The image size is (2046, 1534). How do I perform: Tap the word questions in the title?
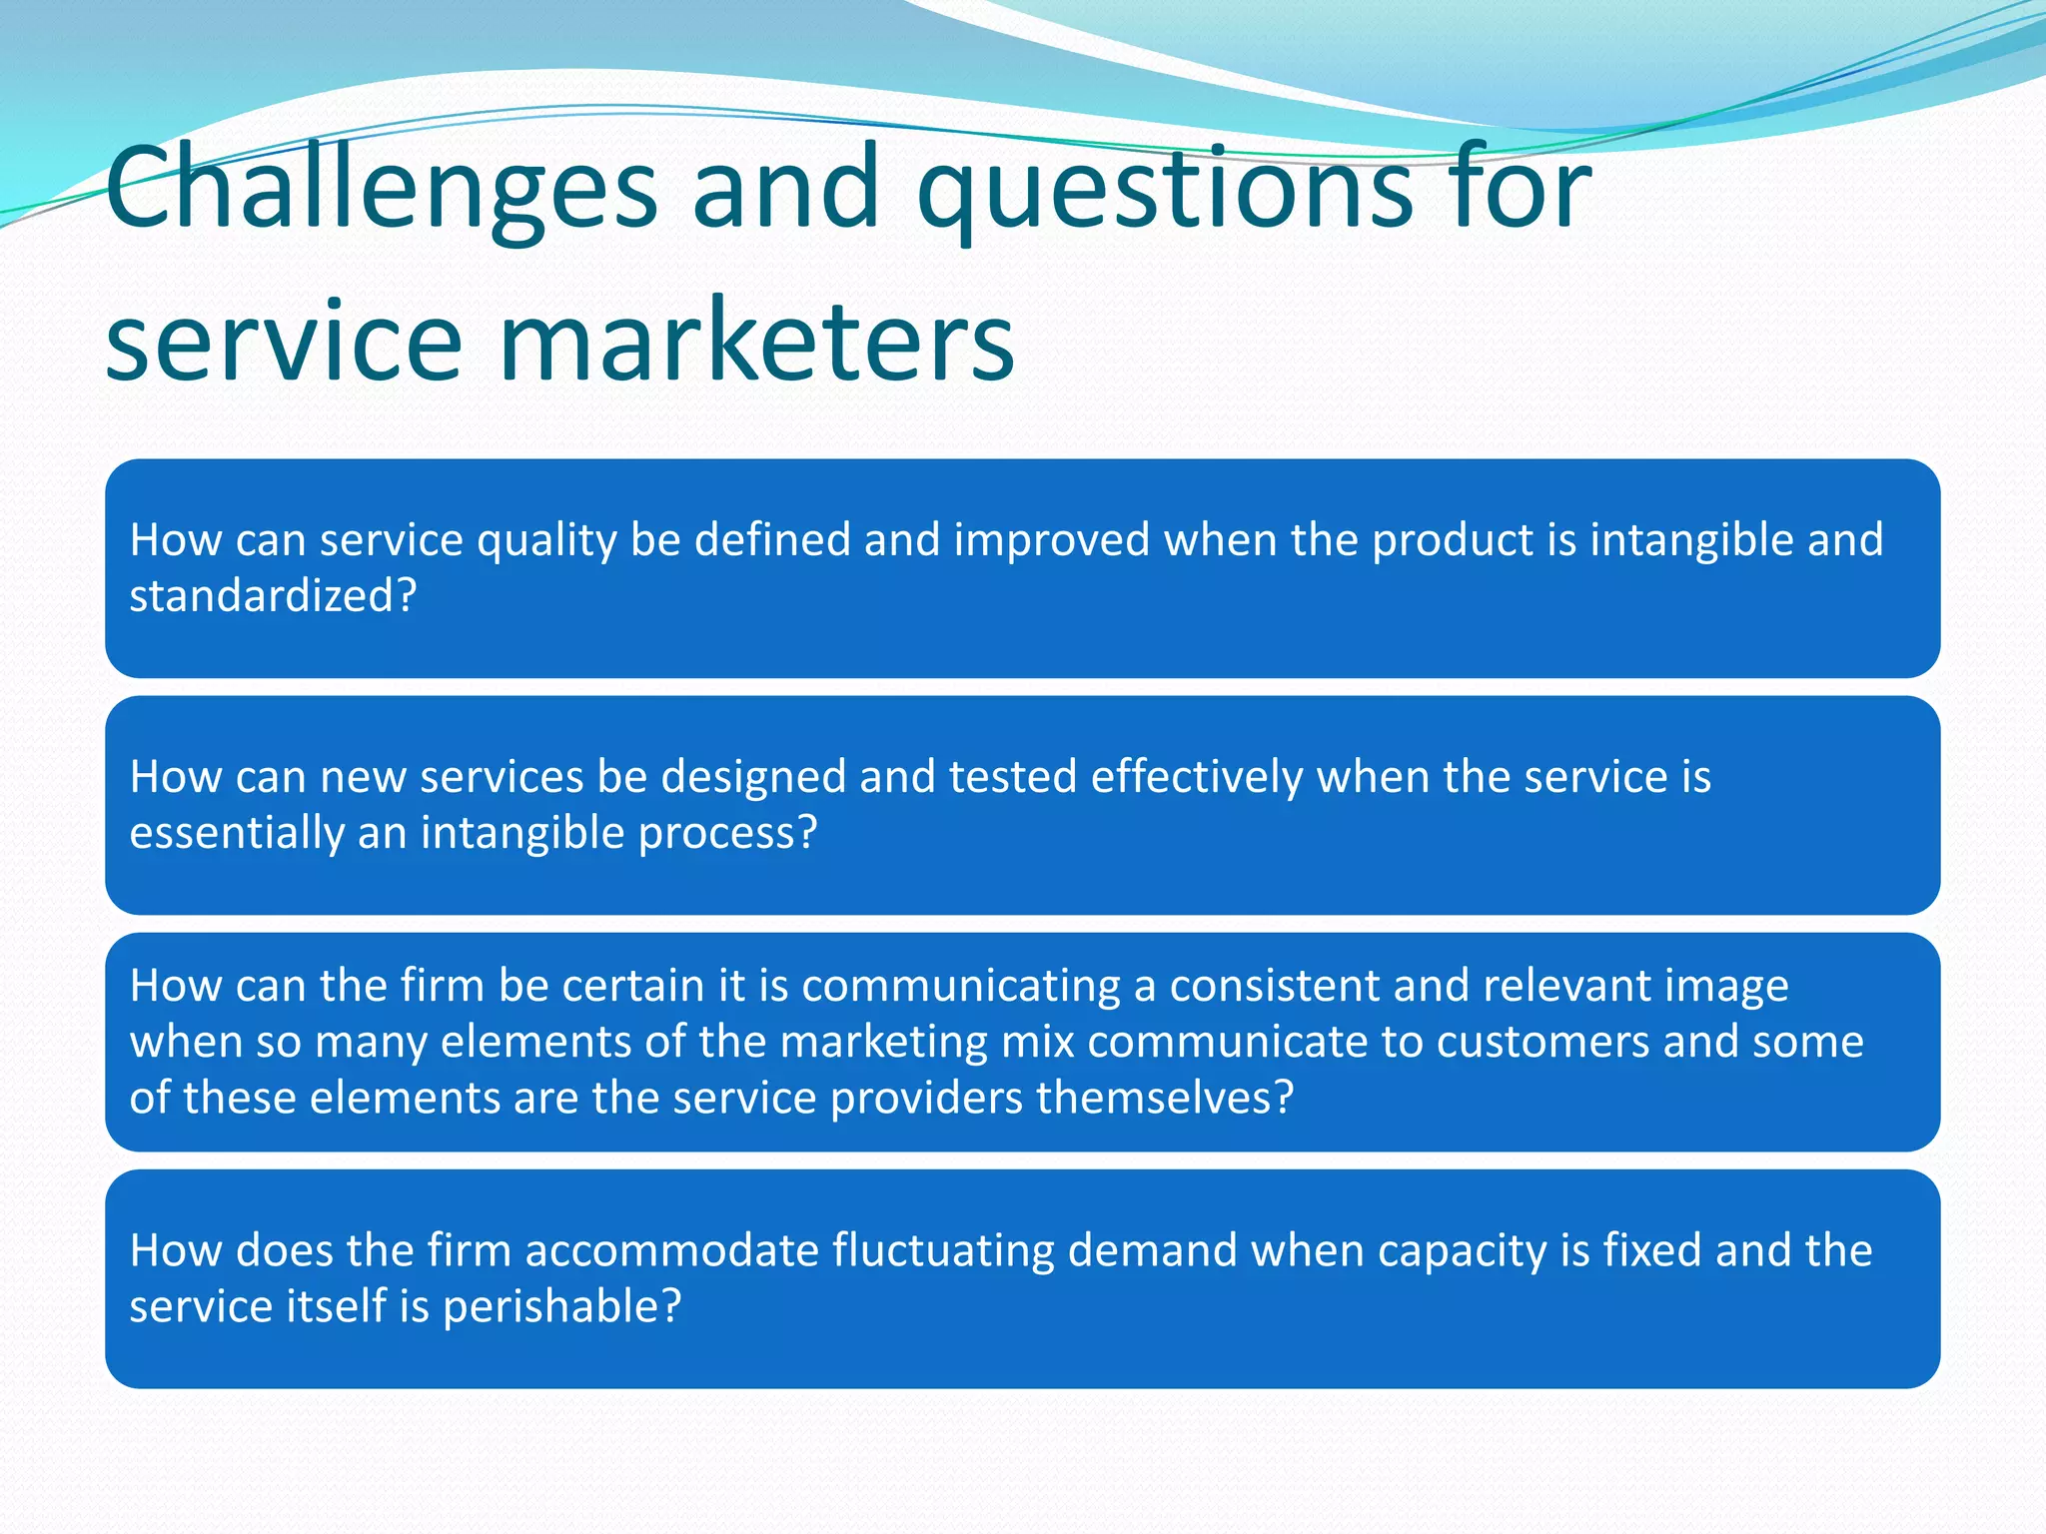[x=1164, y=190]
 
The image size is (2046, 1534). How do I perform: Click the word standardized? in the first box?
[x=273, y=596]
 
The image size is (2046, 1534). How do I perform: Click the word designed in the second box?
[x=753, y=778]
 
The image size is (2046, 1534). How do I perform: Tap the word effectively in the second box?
[x=1197, y=778]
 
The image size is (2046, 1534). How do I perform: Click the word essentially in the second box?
[x=237, y=834]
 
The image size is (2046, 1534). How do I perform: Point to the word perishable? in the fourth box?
[x=561, y=1307]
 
